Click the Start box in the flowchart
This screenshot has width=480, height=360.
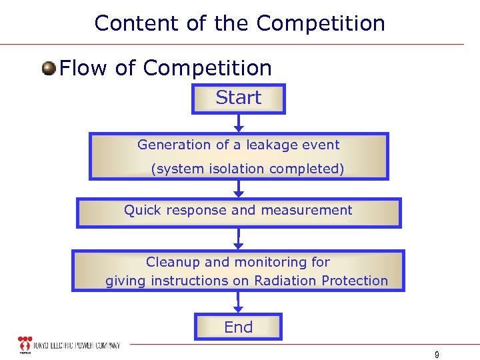[x=238, y=99]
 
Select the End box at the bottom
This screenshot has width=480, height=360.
[x=238, y=327]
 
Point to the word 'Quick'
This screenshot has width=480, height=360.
[x=142, y=211]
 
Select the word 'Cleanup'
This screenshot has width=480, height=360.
[x=171, y=262]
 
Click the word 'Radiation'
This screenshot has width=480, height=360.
[x=284, y=281]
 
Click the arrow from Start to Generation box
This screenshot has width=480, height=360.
[x=239, y=123]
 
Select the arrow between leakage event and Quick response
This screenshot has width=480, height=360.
[x=239, y=189]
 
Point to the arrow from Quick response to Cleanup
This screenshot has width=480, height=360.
[x=239, y=239]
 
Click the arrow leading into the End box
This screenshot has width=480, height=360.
[x=239, y=303]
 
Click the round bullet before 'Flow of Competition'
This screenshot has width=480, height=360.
[x=49, y=69]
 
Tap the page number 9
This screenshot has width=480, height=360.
[x=436, y=355]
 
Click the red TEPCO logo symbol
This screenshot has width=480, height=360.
[x=25, y=345]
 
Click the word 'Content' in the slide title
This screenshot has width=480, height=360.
[x=137, y=23]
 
